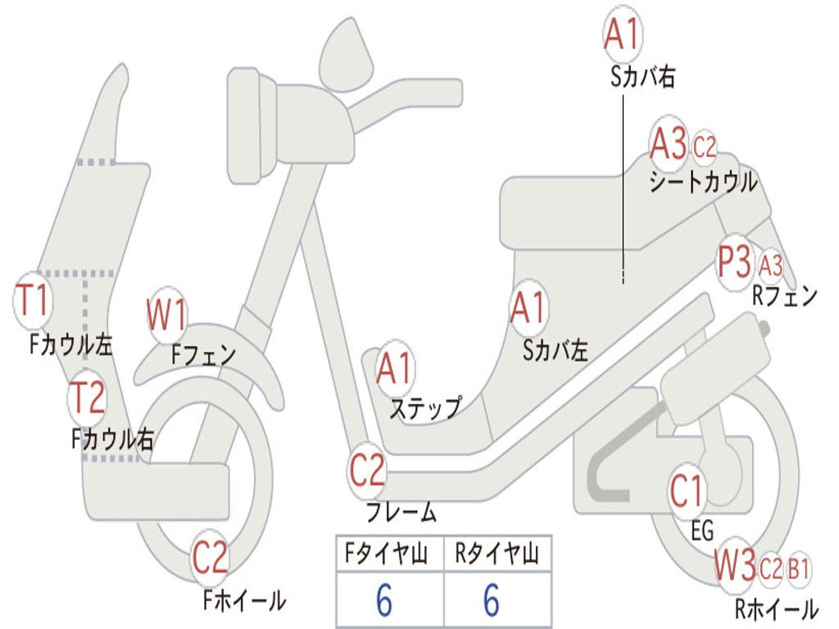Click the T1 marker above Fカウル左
click(34, 301)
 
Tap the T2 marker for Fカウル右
click(87, 398)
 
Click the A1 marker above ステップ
click(396, 369)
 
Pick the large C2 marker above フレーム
click(367, 470)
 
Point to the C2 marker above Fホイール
click(211, 559)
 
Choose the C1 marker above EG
click(687, 491)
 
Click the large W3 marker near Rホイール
click(734, 566)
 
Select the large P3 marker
click(734, 263)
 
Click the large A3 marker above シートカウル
click(669, 145)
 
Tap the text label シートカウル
click(703, 182)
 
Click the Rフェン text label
click(785, 296)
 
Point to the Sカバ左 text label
click(556, 351)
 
